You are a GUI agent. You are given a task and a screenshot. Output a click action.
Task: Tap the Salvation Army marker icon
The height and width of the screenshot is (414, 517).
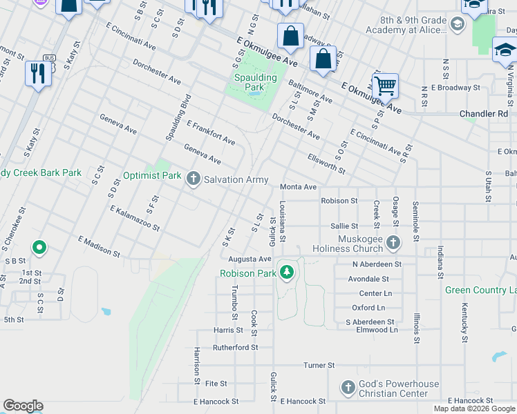(x=194, y=179)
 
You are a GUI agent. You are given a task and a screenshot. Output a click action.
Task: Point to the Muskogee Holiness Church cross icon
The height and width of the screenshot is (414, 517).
(x=393, y=243)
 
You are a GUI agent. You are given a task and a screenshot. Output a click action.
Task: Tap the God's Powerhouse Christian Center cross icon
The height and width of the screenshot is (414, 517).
(x=348, y=388)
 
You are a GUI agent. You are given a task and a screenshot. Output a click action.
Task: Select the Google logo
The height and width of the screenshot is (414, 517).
(x=23, y=406)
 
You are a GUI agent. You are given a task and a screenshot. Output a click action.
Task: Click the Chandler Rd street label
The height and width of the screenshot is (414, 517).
(x=484, y=114)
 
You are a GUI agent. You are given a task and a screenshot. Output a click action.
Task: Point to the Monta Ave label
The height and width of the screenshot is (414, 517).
(x=298, y=187)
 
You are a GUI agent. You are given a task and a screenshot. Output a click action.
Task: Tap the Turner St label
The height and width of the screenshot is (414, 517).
(x=319, y=365)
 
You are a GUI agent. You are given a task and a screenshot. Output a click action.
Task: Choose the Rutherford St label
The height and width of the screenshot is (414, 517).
(x=235, y=348)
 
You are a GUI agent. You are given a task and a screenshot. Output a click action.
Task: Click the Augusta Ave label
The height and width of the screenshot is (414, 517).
(x=250, y=259)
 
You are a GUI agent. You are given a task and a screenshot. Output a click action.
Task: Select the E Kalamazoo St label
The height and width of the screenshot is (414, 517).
(x=134, y=219)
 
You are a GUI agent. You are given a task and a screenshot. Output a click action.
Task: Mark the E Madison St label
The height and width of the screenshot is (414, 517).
(x=100, y=246)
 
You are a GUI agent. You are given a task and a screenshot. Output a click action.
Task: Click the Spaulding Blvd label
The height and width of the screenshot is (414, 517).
(x=177, y=117)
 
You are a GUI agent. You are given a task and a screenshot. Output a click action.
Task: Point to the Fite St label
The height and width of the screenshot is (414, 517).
(x=216, y=383)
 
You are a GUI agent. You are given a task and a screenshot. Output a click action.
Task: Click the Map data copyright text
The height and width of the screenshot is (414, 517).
(x=474, y=408)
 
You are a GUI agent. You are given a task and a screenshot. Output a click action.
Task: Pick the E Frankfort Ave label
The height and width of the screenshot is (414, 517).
(x=211, y=133)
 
